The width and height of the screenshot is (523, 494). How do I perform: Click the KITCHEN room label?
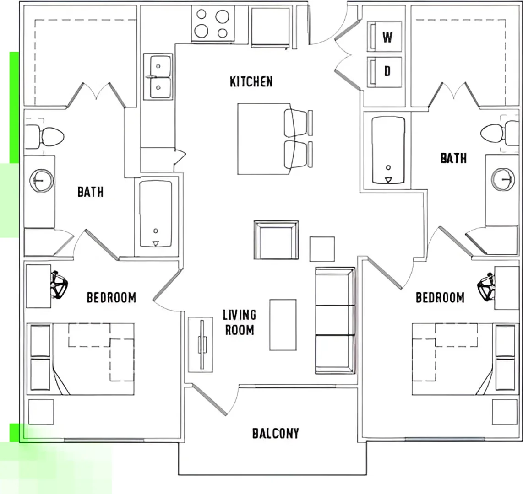tap(251, 81)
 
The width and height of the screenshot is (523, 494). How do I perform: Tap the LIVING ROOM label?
tap(240, 322)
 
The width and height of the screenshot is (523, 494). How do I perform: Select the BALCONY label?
tap(276, 433)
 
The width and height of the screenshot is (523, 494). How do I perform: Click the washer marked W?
tap(384, 37)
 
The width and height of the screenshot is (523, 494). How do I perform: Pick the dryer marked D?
tap(384, 72)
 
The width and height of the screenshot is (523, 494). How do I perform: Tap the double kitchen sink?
tap(158, 76)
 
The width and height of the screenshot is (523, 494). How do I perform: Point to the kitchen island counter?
tap(264, 139)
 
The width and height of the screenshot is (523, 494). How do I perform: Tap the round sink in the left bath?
tap(42, 181)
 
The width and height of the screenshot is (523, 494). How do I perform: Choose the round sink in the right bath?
tap(503, 180)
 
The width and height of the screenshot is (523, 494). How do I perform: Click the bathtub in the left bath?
tap(156, 214)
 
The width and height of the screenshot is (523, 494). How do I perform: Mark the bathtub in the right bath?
tap(388, 150)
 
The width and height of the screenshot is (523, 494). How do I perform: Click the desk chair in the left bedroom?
tap(59, 285)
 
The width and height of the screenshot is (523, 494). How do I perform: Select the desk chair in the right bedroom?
tap(486, 287)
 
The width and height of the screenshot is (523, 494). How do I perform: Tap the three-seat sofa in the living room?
tap(335, 321)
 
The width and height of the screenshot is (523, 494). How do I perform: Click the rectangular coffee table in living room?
tap(283, 325)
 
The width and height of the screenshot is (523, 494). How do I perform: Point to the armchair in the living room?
tap(276, 240)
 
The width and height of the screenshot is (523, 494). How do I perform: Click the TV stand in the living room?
tap(201, 344)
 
